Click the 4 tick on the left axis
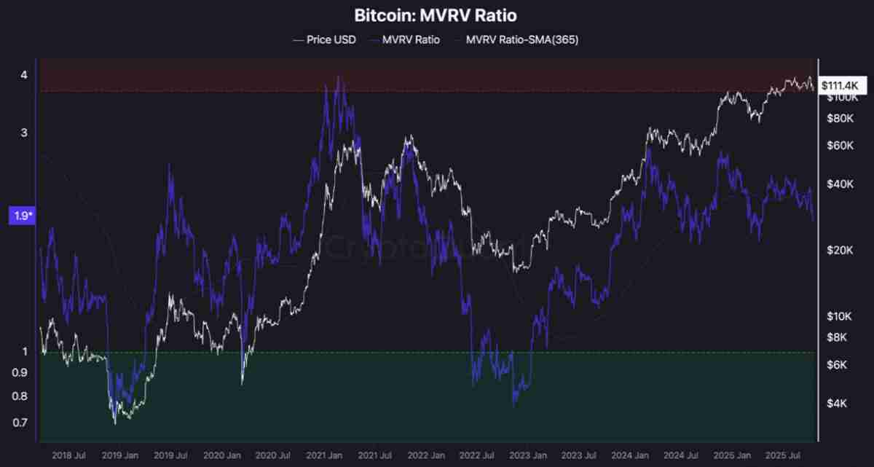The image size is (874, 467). click(24, 75)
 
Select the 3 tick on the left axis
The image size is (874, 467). click(24, 133)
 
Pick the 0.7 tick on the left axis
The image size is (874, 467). click(20, 423)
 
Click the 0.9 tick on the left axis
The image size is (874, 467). click(20, 373)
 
